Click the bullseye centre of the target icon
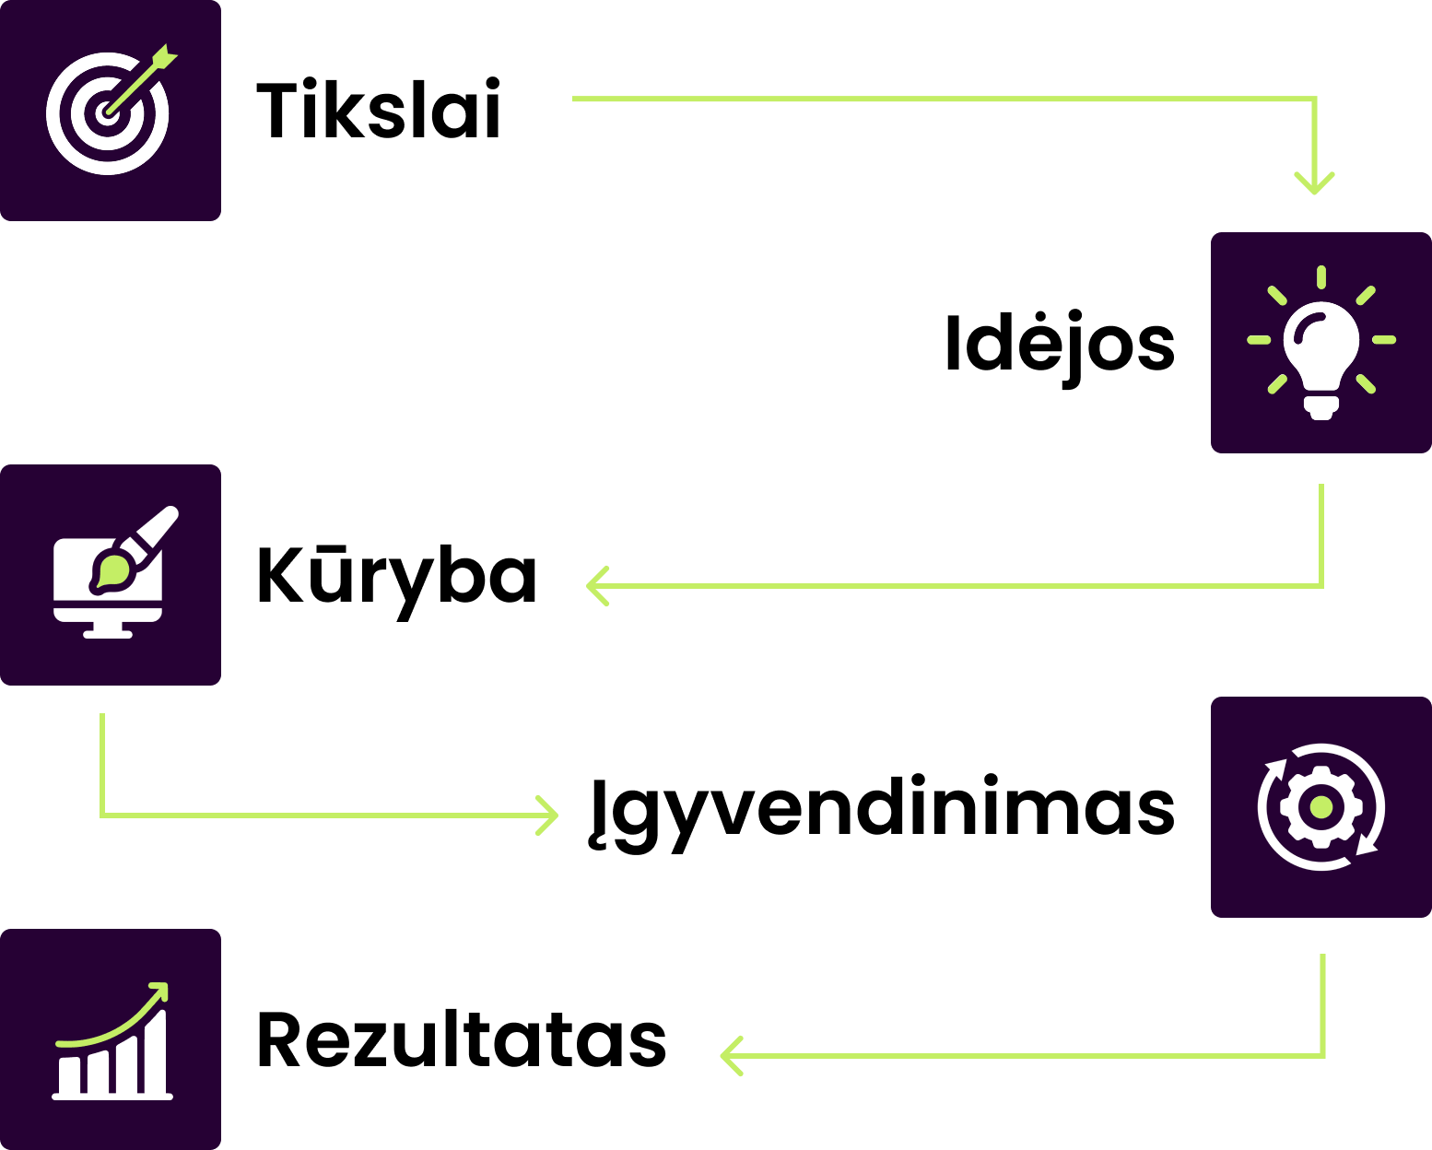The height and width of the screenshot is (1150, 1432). pos(108,113)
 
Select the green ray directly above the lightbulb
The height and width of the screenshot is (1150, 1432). pos(1321,276)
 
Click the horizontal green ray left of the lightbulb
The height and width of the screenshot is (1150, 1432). pos(1259,340)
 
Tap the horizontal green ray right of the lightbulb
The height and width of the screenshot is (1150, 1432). pos(1384,340)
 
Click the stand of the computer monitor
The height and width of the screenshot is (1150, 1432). pos(108,630)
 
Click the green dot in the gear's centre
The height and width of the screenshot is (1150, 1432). pos(1321,807)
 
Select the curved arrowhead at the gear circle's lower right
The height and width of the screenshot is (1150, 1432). pos(1367,845)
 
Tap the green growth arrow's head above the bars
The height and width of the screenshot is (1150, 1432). pos(161,991)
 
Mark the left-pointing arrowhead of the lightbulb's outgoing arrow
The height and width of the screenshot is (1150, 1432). pos(595,586)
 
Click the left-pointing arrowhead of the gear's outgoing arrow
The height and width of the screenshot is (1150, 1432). pos(729,1056)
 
